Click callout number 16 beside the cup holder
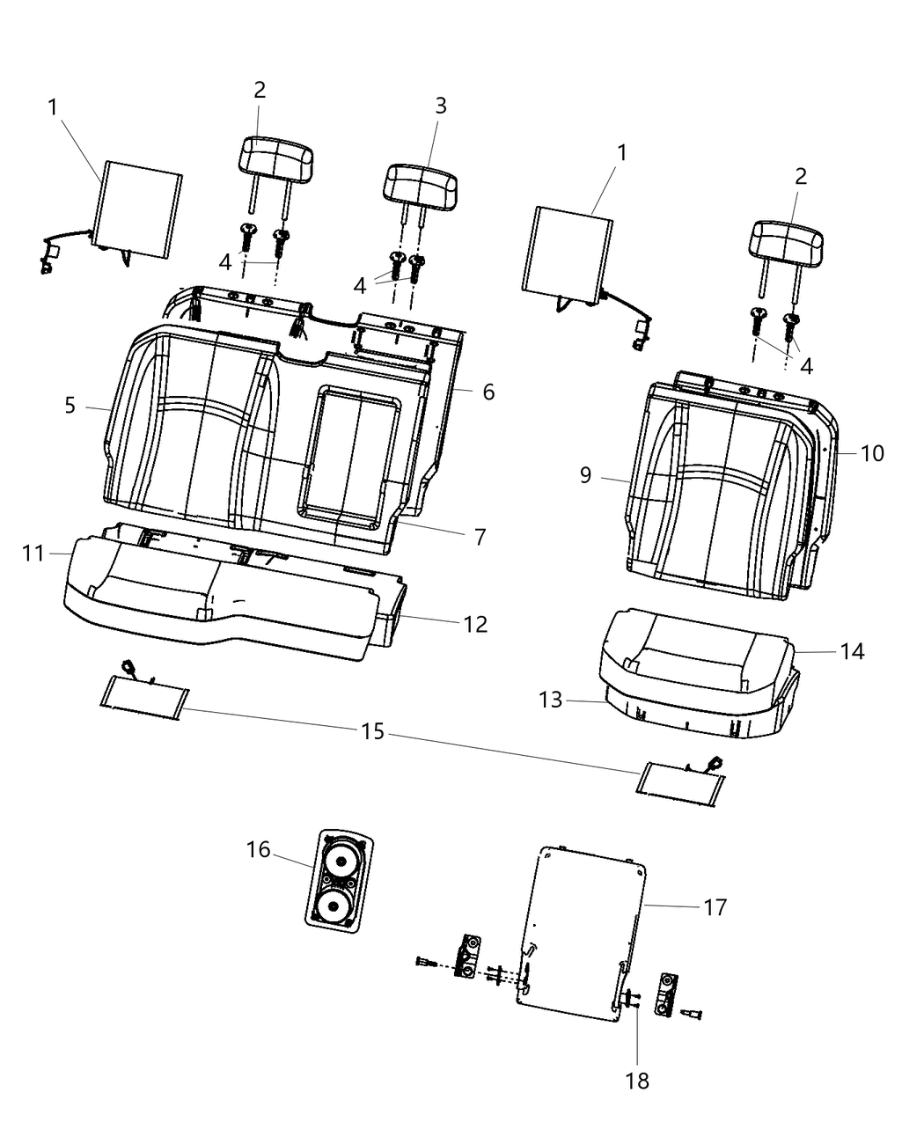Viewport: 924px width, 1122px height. tap(258, 849)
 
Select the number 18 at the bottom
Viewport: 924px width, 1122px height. tap(637, 1081)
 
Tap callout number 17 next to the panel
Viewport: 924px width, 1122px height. tap(715, 907)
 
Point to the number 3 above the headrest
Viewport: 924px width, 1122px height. tap(441, 106)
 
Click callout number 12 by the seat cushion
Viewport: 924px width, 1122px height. tap(475, 625)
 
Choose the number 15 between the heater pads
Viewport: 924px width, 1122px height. tap(372, 731)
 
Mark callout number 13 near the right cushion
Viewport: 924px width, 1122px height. tap(550, 700)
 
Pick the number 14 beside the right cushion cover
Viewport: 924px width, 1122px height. tap(852, 652)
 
